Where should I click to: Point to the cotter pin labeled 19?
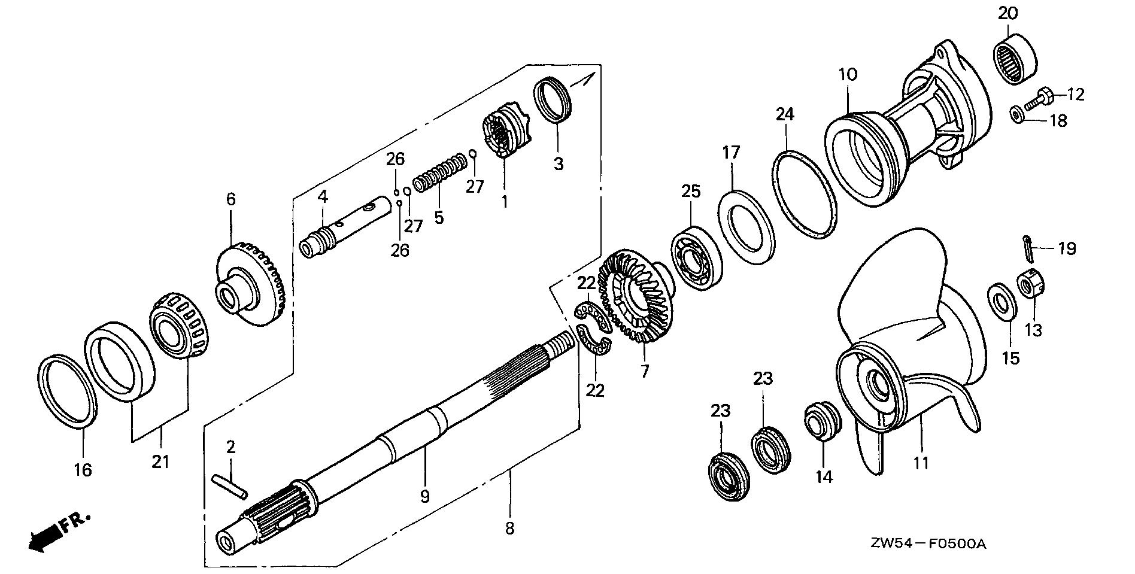pos(1028,249)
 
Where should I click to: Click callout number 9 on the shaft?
pos(424,496)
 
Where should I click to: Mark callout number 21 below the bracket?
pos(160,461)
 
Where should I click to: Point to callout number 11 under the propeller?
pos(920,463)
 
